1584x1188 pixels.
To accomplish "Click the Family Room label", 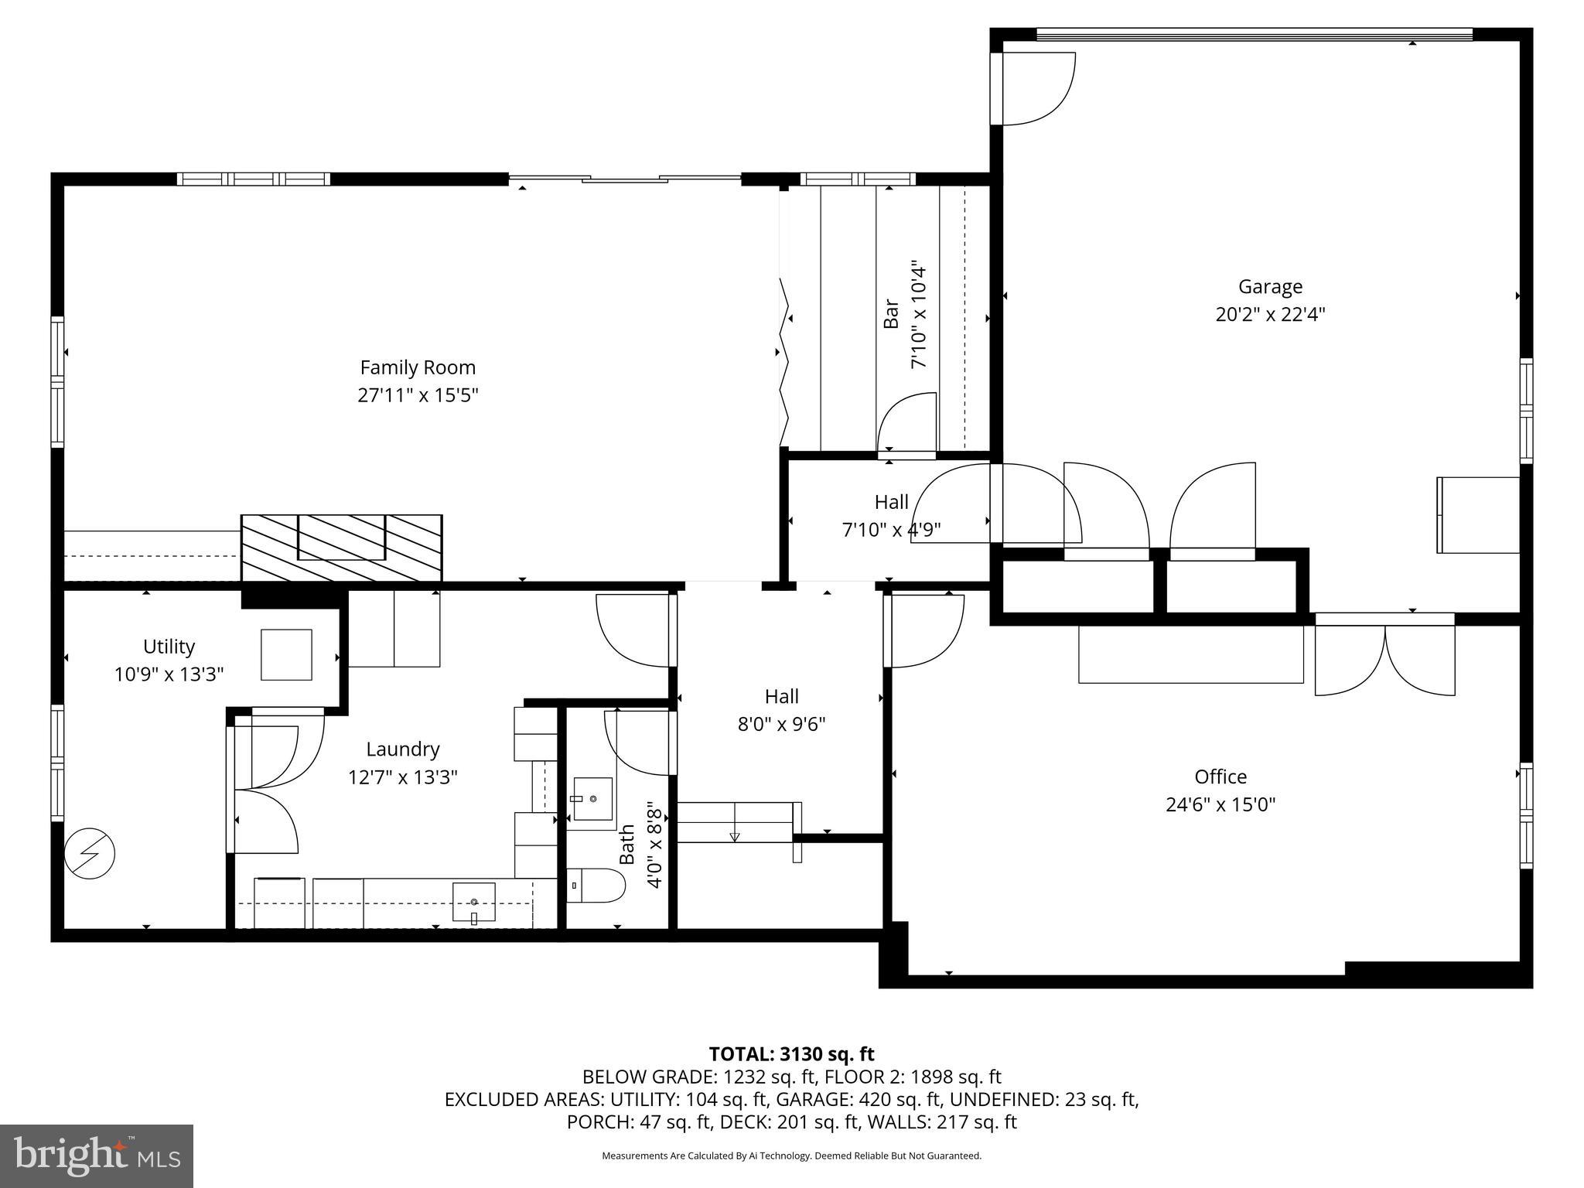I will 418,367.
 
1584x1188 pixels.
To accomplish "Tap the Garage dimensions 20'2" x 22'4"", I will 1270,315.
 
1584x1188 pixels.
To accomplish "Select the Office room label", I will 1220,777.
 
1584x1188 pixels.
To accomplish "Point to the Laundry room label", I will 402,749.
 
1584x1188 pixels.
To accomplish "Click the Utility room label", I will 169,646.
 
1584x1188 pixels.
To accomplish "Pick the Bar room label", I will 891,314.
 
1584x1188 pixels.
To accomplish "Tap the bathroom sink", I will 592,799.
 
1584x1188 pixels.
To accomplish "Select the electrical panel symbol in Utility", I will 90,854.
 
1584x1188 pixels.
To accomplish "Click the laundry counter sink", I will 473,902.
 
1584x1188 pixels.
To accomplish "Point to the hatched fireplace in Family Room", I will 341,547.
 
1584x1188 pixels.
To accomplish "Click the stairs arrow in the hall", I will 734,835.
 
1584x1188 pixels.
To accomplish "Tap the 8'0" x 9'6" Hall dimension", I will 781,725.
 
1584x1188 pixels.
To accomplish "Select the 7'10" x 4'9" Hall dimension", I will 891,531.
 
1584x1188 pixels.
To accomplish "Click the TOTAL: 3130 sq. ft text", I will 791,1054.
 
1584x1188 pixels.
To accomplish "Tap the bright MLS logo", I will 97,1156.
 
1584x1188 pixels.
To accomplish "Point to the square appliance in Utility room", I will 286,654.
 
